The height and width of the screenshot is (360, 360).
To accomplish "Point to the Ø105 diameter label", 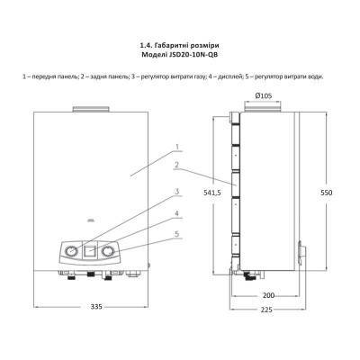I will click(264, 94).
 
